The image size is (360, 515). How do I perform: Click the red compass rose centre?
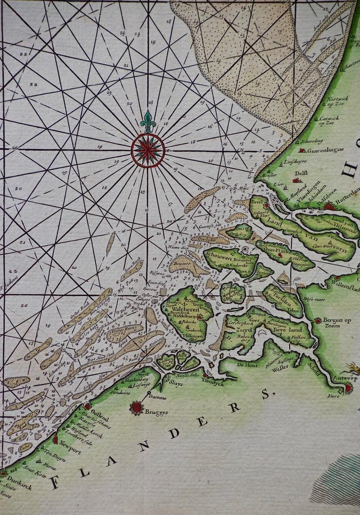148,150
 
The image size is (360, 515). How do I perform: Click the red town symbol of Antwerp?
348,387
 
